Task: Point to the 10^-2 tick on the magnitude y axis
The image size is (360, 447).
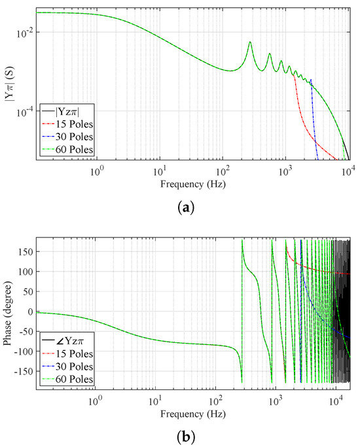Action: pos(24,33)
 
